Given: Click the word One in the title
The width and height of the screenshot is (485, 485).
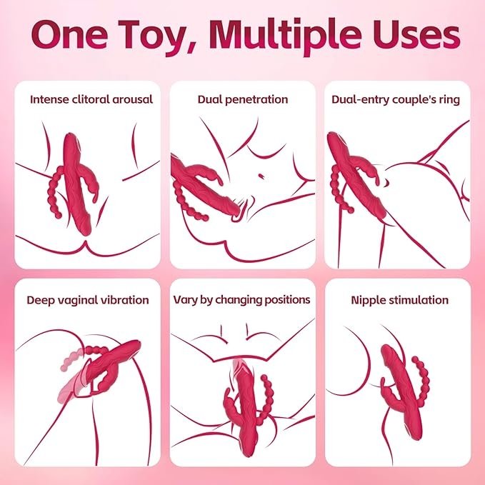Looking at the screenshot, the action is click(70, 34).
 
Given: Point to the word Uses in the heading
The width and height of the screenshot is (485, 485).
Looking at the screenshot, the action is click(416, 34).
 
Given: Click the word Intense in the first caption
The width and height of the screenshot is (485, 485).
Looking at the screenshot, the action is click(49, 99).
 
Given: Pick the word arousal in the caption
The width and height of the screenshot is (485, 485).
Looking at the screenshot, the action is click(133, 100).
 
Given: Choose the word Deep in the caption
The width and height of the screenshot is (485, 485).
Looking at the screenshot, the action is click(40, 300).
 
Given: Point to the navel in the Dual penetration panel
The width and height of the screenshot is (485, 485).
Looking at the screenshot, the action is click(261, 176).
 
